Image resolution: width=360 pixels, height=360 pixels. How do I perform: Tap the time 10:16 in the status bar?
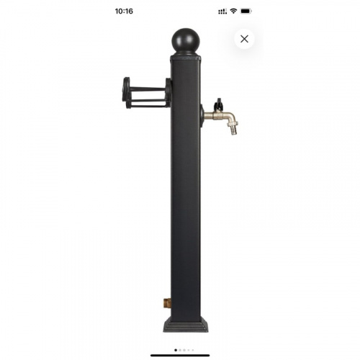point(124,12)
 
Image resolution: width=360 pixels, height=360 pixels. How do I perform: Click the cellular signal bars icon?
point(222,12)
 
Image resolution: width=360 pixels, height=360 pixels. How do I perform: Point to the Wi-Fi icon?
point(233,11)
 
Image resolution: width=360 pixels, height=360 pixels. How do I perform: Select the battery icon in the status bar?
point(246,11)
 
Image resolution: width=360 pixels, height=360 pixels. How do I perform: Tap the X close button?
point(244,39)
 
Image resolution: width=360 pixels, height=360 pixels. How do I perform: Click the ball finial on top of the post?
point(186,41)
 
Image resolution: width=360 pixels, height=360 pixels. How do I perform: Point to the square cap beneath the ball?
point(186,58)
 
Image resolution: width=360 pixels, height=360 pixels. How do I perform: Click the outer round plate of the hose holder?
point(126,92)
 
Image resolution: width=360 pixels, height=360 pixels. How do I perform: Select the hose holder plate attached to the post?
point(168,92)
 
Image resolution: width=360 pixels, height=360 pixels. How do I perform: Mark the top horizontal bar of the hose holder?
point(148,89)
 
